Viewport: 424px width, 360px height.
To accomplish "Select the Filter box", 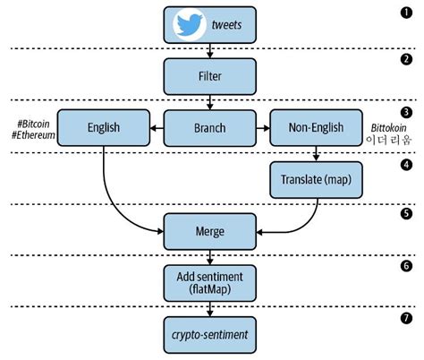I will coord(208,76).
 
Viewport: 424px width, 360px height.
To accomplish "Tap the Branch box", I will coord(208,129).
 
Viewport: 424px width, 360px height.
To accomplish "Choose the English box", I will coord(103,129).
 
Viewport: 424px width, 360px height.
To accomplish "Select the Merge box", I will coord(208,231).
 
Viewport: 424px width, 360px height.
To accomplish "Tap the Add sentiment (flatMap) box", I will coord(208,282).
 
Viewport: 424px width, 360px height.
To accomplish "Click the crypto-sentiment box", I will coord(208,334).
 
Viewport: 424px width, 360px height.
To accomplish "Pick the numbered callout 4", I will coord(407,165).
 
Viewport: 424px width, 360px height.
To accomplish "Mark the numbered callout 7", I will coord(407,318).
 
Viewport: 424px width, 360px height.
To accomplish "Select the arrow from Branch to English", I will coord(157,129).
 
